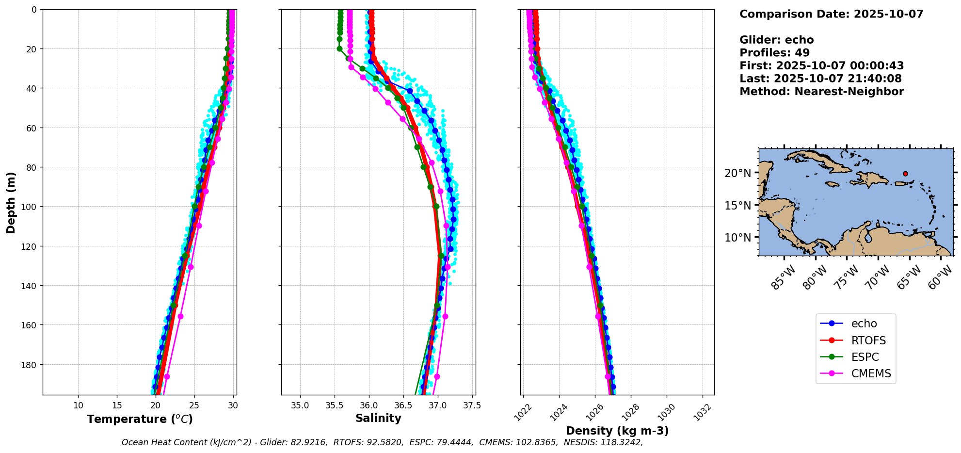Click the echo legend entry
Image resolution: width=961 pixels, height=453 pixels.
pyautogui.click(x=864, y=324)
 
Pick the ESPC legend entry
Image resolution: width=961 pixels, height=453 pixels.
pyautogui.click(x=865, y=357)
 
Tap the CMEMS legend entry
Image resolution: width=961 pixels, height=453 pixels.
pyautogui.click(x=871, y=373)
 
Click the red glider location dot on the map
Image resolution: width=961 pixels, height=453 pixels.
pyautogui.click(x=905, y=174)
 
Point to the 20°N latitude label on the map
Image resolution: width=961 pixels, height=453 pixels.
pyautogui.click(x=737, y=173)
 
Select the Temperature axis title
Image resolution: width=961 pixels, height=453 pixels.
pyautogui.click(x=140, y=419)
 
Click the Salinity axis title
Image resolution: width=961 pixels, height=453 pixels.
pyautogui.click(x=378, y=418)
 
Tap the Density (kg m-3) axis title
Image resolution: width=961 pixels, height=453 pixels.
pyautogui.click(x=617, y=431)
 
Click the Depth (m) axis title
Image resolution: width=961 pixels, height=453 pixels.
pyautogui.click(x=11, y=202)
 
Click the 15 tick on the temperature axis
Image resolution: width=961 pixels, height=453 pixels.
pyautogui.click(x=117, y=405)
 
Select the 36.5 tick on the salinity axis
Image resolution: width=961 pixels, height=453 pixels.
pyautogui.click(x=403, y=405)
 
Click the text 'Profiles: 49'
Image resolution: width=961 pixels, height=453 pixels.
pyautogui.click(x=774, y=53)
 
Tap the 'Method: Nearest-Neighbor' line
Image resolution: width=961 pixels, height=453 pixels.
pyautogui.click(x=821, y=92)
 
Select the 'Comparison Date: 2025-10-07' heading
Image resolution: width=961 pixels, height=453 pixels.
pyautogui.click(x=831, y=14)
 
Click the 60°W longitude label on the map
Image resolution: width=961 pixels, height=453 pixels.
pyautogui.click(x=940, y=278)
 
